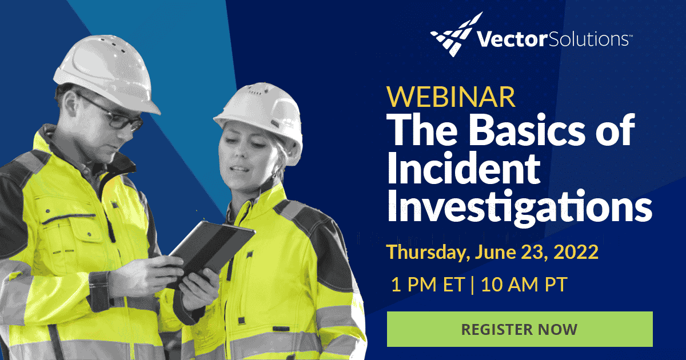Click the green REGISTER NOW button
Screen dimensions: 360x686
tap(520, 329)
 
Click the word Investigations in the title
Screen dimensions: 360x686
tap(519, 208)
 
